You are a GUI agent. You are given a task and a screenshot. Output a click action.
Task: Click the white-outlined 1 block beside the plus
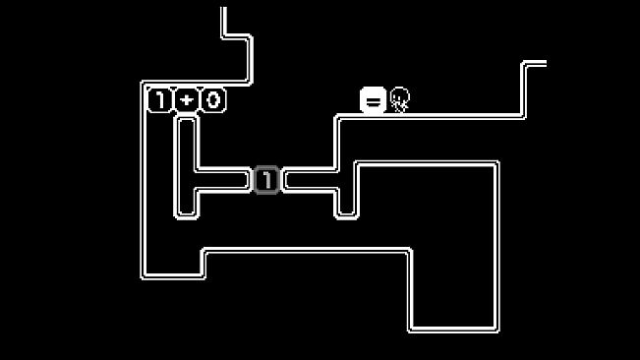coord(159,100)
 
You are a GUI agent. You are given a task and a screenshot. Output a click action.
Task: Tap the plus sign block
coord(187,100)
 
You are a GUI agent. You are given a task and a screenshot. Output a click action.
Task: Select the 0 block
coord(213,100)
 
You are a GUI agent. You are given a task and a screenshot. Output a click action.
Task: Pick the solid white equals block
coord(373,100)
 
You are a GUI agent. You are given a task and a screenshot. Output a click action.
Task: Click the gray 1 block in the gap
coord(266,180)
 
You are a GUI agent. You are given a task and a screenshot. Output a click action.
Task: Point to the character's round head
coord(399,95)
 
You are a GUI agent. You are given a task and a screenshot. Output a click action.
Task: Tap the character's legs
coord(399,107)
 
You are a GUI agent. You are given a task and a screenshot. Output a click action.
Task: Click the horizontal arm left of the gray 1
coord(223,180)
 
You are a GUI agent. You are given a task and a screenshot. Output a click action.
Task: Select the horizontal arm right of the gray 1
coord(310,180)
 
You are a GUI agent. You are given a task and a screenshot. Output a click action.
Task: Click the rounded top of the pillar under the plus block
coord(187,117)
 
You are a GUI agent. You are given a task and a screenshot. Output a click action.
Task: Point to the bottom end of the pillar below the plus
coord(187,216)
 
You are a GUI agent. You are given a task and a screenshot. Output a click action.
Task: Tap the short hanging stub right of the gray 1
coord(346,204)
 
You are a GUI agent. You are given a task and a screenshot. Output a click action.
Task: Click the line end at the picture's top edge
coord(223,8)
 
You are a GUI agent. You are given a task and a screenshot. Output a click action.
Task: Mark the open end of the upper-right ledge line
coord(546,63)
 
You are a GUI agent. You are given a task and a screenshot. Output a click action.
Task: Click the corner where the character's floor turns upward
coord(523,117)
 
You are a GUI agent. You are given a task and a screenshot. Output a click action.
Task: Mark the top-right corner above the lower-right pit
coord(496,163)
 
